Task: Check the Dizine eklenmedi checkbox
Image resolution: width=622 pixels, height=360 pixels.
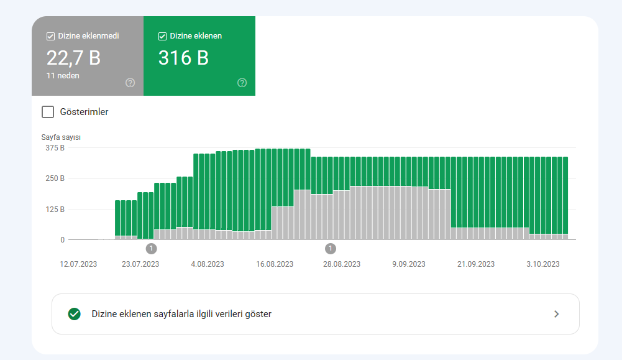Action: tap(50, 37)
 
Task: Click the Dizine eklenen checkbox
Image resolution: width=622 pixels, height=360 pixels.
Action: tap(162, 37)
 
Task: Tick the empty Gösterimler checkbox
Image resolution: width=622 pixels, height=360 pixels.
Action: tap(48, 112)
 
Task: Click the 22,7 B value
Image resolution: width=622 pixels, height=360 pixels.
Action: tap(73, 58)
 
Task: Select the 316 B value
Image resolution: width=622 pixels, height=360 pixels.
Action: tap(183, 58)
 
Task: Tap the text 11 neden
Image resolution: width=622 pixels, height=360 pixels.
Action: tap(63, 75)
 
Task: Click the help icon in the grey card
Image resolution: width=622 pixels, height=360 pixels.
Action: tap(130, 83)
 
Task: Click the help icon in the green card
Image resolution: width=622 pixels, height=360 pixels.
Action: tap(242, 83)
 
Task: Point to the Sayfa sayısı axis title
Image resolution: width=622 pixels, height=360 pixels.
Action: tap(61, 137)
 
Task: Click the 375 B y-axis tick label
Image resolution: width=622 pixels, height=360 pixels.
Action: tap(55, 148)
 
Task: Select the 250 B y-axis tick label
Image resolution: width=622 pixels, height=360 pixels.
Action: tap(55, 178)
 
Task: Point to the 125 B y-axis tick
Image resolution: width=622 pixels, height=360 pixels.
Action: tap(55, 209)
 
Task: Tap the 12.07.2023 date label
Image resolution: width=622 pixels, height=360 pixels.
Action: tap(78, 264)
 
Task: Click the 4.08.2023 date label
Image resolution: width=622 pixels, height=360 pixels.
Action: tap(208, 264)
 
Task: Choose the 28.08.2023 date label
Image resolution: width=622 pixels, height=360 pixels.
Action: tap(342, 264)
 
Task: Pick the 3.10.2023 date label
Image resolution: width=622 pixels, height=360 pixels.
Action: tap(542, 264)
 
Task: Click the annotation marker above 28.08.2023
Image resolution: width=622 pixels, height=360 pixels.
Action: tap(331, 249)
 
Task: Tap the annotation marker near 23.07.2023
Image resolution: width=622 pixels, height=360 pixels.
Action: tap(151, 249)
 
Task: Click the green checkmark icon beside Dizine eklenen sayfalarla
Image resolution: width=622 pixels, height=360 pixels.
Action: tap(74, 314)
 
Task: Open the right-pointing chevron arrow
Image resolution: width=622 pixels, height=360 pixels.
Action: tap(557, 314)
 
